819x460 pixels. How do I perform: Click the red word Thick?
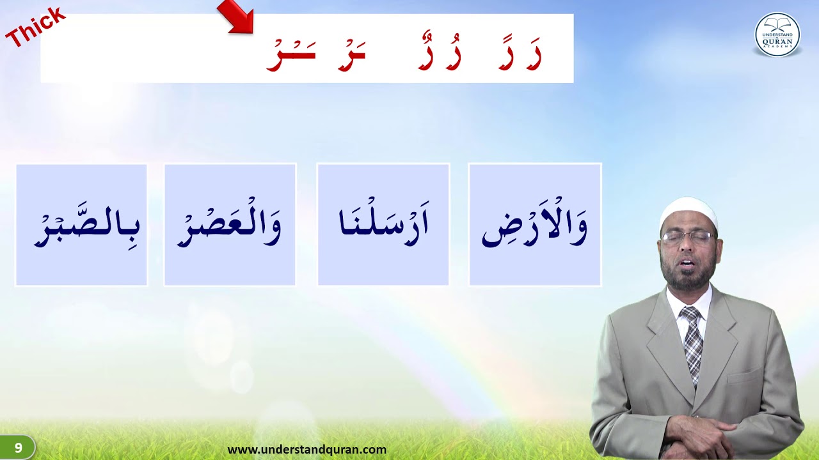point(35,27)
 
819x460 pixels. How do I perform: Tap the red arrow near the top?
point(237,16)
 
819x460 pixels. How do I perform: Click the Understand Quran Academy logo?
point(777,34)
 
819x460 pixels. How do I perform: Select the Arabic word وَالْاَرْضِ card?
point(535,224)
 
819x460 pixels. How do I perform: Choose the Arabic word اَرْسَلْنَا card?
point(383,224)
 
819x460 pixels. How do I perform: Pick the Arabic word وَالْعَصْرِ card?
point(230,224)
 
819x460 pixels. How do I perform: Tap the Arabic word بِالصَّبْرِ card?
point(81,224)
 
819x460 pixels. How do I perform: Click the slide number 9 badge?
point(18,448)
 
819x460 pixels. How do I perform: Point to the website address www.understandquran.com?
point(307,450)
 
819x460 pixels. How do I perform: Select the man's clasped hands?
point(701,434)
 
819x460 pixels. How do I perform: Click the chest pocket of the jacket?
point(744,376)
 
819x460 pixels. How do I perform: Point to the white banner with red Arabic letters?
point(307,49)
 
